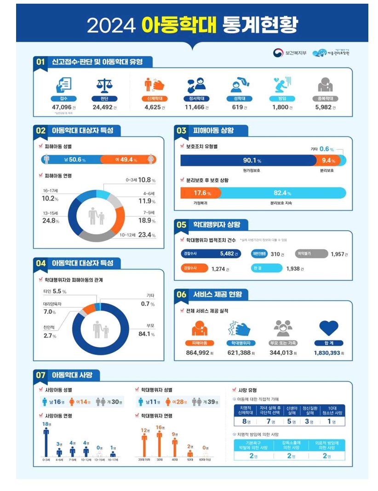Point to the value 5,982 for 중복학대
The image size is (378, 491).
323,107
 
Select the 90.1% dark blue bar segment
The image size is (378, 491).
248,160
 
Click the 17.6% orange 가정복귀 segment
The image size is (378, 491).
199,193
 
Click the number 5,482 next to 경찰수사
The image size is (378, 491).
227,253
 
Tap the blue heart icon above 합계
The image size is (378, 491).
328,328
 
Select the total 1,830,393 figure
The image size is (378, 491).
328,353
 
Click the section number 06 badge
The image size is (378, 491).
181,294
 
